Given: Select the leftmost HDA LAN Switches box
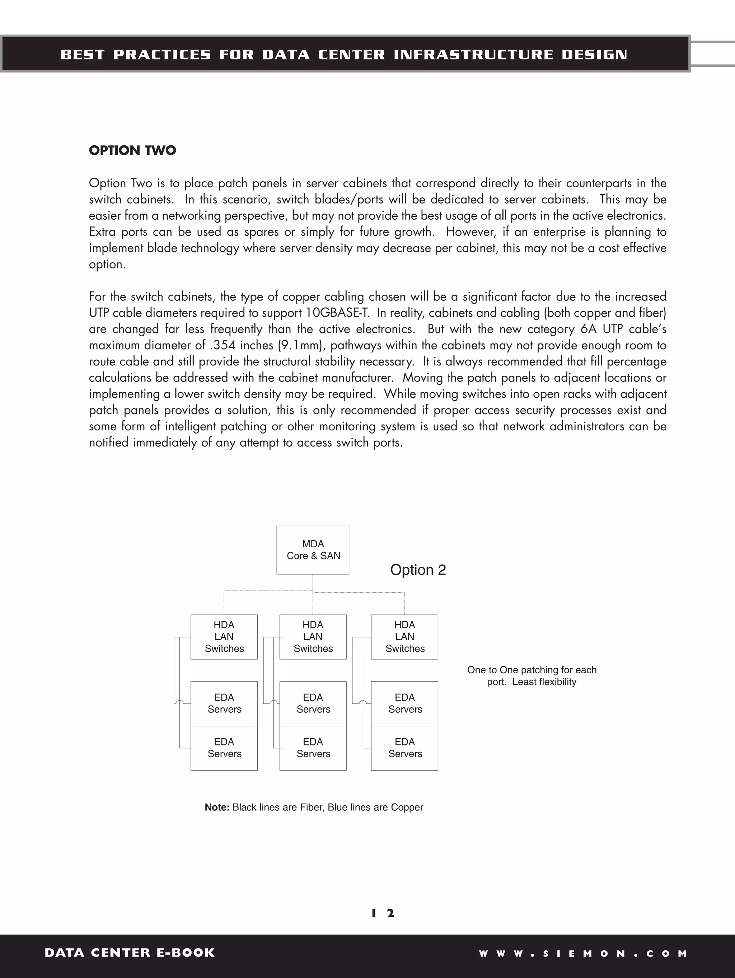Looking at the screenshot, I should coord(224,637).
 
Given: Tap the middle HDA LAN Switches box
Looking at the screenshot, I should coord(313,637).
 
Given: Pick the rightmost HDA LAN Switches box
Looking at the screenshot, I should coord(404,637).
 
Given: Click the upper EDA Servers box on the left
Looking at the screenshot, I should coord(224,703).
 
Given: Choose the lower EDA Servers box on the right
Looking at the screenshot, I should coord(404,748).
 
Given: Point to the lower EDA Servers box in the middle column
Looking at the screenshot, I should coord(313,748).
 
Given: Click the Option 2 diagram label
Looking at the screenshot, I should coord(418,570).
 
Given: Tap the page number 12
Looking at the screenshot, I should coord(383,913).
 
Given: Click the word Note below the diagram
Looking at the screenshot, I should coord(216,807).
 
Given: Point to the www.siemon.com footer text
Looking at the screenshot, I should coord(583,954).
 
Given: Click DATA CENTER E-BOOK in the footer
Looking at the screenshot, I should coord(130,953).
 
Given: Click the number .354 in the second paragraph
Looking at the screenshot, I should coord(223,345).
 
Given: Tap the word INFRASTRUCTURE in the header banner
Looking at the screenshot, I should coord(473,55).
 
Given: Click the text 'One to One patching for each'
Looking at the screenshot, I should coord(532,670).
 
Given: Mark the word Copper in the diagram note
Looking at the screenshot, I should coord(407,807).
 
